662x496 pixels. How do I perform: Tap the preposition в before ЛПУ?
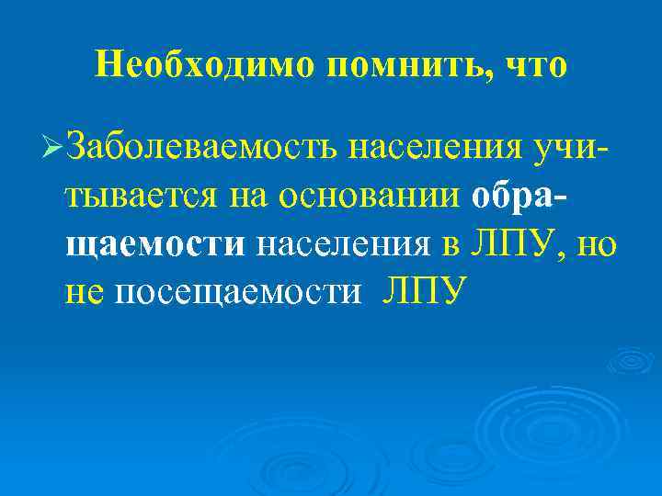click(x=449, y=243)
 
